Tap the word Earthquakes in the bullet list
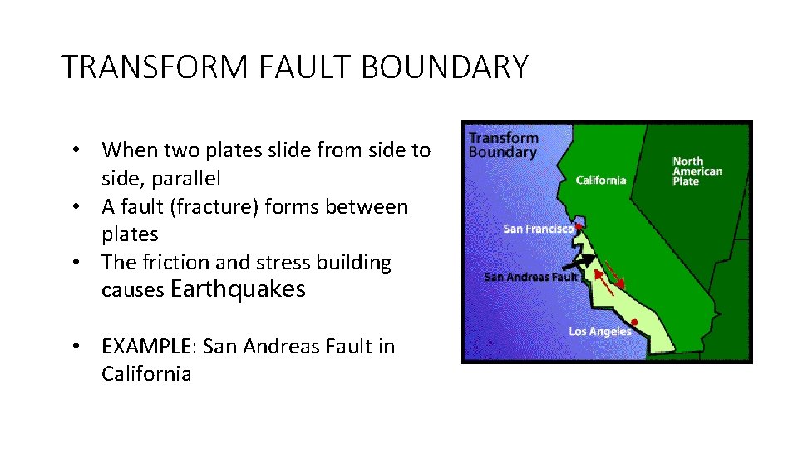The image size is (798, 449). (x=238, y=289)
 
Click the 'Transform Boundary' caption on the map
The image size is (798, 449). (x=503, y=146)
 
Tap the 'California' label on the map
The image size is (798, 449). (x=601, y=180)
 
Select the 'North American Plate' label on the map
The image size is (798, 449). (x=697, y=171)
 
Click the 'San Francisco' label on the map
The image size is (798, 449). (x=538, y=229)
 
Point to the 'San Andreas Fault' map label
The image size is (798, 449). (x=530, y=277)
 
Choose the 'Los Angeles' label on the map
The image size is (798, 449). (x=599, y=331)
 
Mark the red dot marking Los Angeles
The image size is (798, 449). (x=634, y=322)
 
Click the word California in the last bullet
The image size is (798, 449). (x=146, y=374)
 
